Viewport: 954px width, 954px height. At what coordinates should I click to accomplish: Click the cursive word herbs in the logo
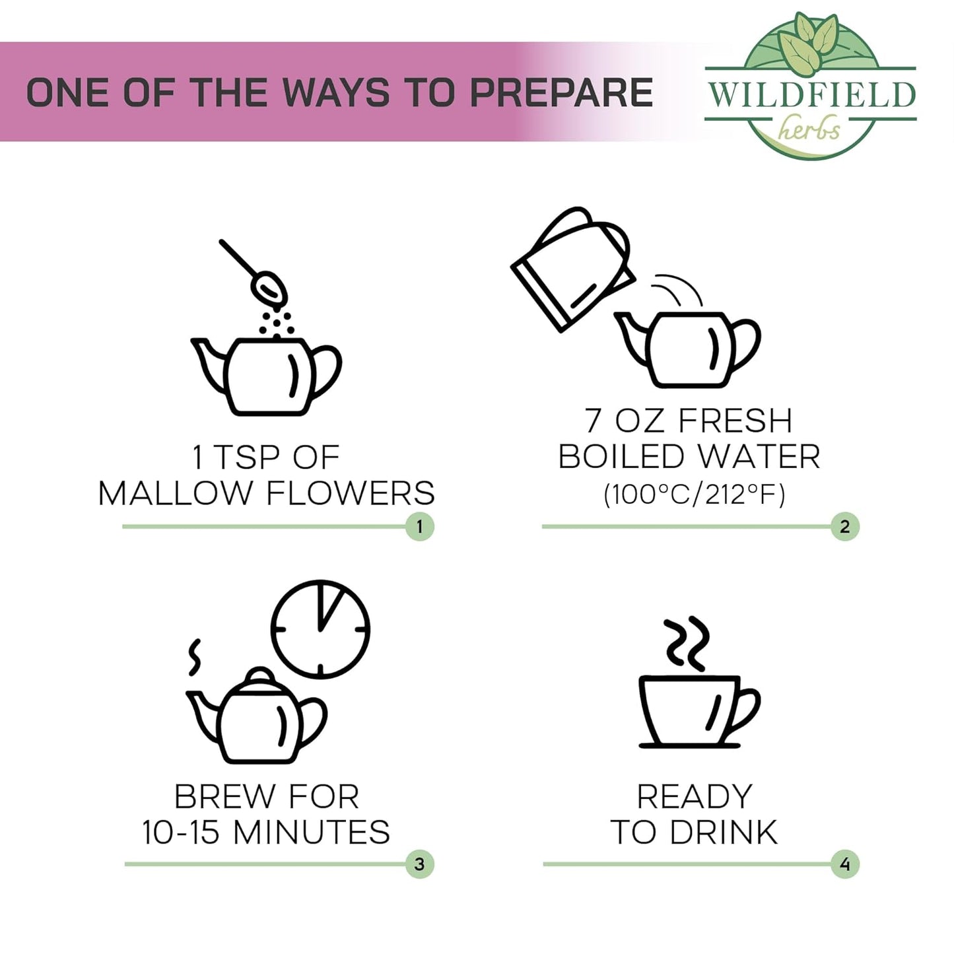pos(809,129)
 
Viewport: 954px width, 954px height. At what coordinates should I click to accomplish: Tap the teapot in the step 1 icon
pos(266,376)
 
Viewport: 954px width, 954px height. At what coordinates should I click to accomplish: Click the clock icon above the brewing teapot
pos(321,629)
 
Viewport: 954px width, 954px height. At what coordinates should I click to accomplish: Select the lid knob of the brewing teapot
pos(259,675)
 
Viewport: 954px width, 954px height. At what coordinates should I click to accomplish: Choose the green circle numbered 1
pos(419,526)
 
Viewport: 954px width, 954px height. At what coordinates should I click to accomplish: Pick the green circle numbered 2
pos(844,526)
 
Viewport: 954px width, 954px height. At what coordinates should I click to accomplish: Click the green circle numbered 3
pos(419,864)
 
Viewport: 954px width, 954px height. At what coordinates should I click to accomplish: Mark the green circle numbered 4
pos(844,864)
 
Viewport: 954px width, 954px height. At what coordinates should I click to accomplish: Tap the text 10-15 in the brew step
pos(181,832)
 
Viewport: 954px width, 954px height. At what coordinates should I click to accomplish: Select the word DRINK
pos(724,833)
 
